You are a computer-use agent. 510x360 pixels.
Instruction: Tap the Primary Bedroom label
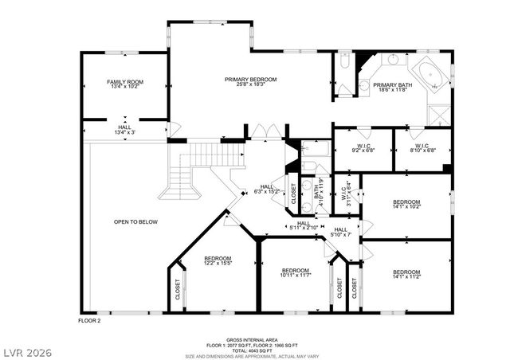250,80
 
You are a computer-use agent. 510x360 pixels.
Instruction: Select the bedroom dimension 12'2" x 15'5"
217,264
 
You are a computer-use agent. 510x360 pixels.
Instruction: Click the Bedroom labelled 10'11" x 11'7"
296,275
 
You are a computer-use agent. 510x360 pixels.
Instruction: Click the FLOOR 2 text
88,320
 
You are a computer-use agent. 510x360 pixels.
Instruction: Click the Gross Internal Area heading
253,339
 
